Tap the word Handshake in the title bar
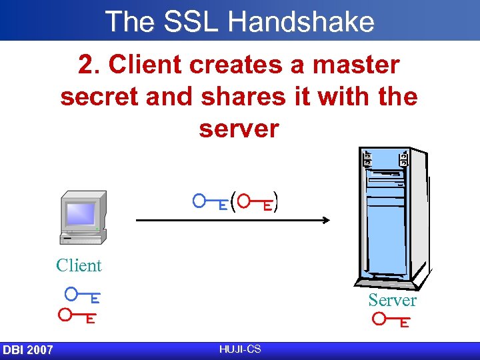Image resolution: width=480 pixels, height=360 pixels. [301, 21]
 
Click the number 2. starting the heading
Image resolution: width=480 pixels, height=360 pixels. [89, 65]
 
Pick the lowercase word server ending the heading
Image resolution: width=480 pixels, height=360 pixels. [239, 129]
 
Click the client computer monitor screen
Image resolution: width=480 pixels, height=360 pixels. [80, 213]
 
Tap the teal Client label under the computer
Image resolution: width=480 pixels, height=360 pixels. [79, 265]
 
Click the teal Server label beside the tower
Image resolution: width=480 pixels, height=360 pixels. [392, 301]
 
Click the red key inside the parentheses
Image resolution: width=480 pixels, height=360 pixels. [255, 202]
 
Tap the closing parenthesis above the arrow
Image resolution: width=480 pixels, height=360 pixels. [276, 202]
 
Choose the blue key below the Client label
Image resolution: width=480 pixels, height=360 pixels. [83, 294]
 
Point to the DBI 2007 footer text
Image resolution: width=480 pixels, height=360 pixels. [28, 350]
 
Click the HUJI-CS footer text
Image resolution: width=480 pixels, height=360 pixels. [239, 349]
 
